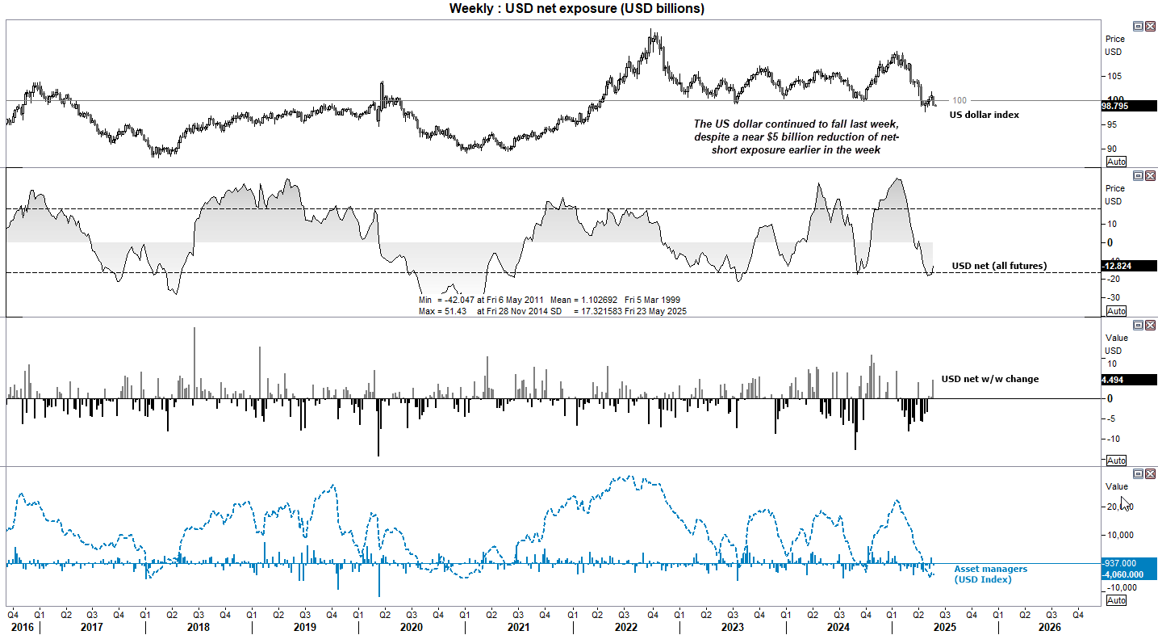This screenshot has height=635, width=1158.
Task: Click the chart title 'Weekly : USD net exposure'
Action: click(577, 9)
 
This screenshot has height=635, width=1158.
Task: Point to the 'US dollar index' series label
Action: click(984, 115)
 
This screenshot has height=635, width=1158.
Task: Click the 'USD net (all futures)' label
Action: click(999, 266)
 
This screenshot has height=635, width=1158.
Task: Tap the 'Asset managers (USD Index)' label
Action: click(990, 574)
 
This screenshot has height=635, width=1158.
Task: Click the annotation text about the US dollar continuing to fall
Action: click(795, 137)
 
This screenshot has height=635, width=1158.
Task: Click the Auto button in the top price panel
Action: click(1115, 162)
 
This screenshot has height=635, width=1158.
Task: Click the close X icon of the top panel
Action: click(1150, 26)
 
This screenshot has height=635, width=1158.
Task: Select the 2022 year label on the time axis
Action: click(624, 626)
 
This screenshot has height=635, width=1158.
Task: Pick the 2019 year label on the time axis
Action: click(304, 626)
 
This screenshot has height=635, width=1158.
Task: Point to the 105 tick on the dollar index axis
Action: click(1114, 77)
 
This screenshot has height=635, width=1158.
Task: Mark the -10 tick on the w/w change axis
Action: click(1113, 439)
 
